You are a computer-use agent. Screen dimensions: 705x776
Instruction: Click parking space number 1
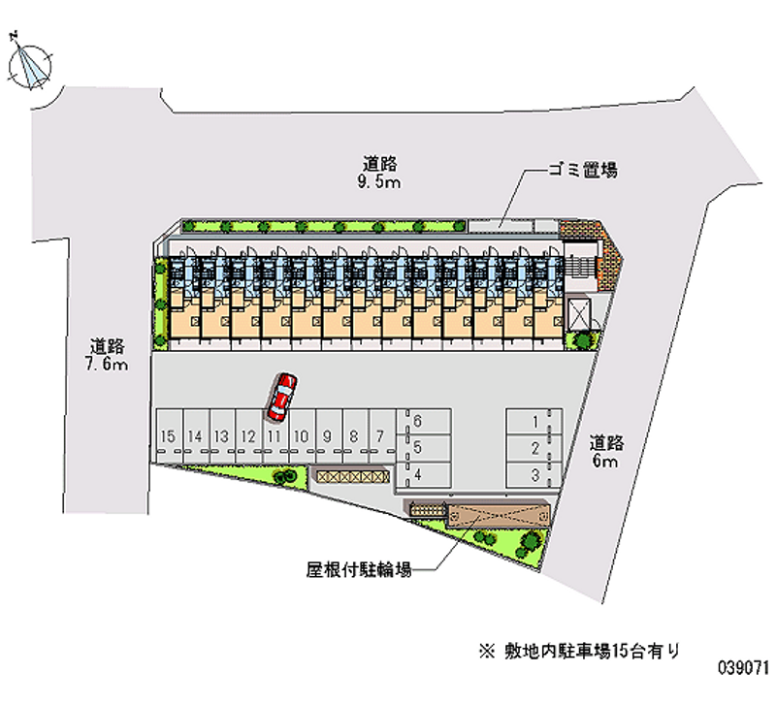(x=534, y=422)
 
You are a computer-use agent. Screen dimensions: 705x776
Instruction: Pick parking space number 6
(x=418, y=422)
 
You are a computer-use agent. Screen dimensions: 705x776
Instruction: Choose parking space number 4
(x=418, y=474)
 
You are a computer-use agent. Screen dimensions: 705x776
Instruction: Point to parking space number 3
(x=534, y=474)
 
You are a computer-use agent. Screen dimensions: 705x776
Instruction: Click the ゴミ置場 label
(x=582, y=171)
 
